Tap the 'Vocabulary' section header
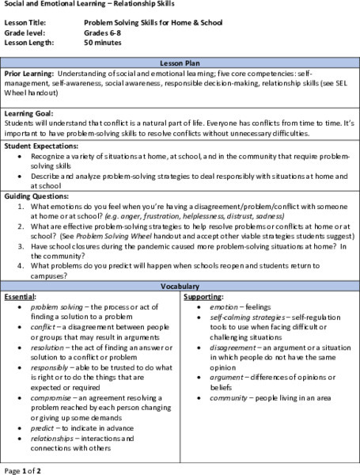(180, 285)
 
